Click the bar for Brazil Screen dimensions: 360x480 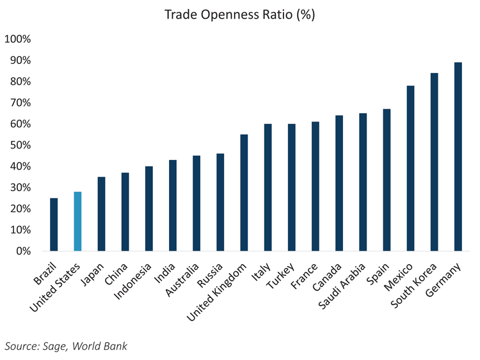point(54,224)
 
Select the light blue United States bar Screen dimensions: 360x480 point(77,221)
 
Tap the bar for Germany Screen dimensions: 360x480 point(458,157)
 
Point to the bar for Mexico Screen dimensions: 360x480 point(410,168)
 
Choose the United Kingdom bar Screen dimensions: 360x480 point(244,192)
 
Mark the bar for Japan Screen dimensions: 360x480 point(101,214)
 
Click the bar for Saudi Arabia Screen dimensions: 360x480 point(363,182)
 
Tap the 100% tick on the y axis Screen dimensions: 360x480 point(17,39)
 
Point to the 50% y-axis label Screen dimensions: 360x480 point(20,145)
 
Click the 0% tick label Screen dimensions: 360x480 point(22,251)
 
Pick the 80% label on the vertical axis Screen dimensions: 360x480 point(20,82)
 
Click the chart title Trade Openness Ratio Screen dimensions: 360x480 point(240,14)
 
